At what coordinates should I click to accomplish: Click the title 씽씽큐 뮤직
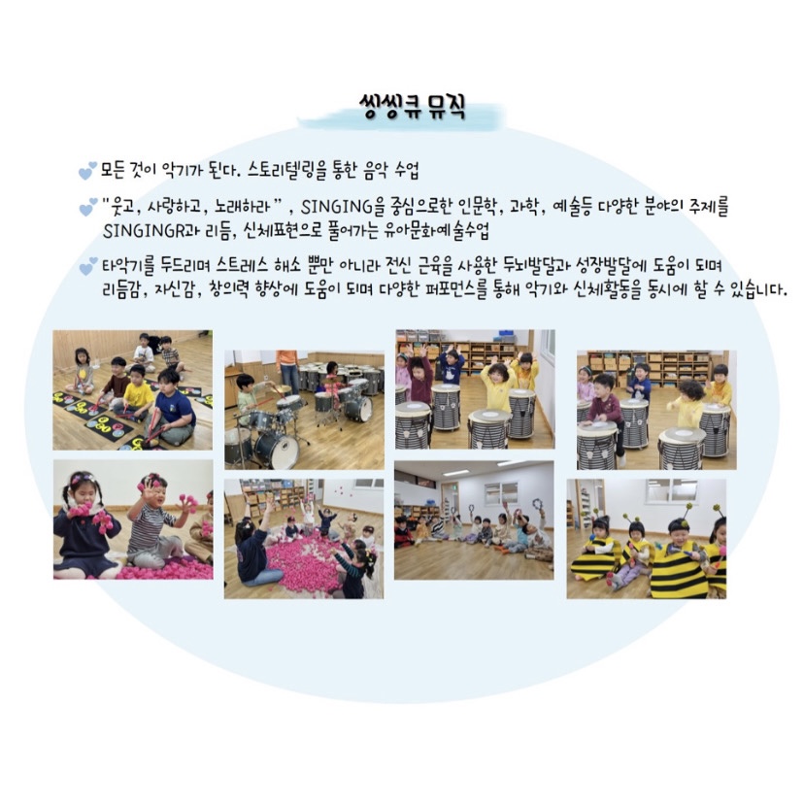click(413, 108)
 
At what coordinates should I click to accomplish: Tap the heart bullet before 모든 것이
click(87, 171)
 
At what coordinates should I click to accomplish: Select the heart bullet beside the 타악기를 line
click(87, 266)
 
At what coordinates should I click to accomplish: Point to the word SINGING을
click(342, 207)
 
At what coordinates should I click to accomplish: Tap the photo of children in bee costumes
click(646, 538)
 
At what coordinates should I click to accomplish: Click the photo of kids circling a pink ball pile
click(304, 538)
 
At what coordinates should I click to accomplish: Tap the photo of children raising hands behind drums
click(475, 389)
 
